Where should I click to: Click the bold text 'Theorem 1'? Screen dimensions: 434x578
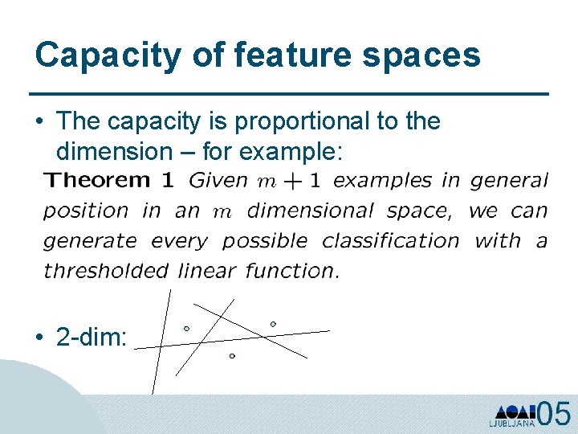coord(108,180)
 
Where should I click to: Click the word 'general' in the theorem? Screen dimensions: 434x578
coord(509,181)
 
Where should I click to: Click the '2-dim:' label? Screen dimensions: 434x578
coord(92,338)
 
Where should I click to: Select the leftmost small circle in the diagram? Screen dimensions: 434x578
coord(186,328)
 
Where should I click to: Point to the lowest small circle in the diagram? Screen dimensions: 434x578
coord(232,355)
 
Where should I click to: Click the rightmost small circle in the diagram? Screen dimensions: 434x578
coord(273,324)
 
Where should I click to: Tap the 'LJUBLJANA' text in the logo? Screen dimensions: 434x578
coord(512,423)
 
